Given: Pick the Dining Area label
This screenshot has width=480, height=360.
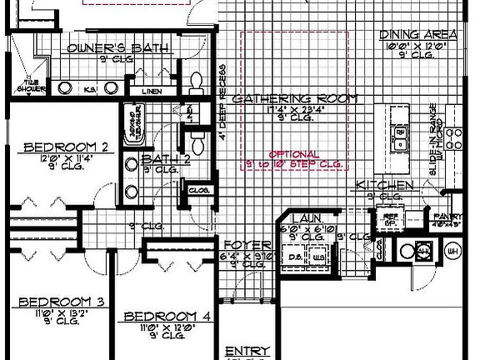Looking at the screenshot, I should pos(418,34).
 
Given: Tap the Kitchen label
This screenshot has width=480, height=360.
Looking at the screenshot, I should pos(384,184).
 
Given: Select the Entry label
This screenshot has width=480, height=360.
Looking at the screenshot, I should pos(246,351).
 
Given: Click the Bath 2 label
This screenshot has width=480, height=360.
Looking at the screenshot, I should pos(159,159).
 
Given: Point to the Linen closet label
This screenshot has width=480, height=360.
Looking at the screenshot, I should pos(151,90).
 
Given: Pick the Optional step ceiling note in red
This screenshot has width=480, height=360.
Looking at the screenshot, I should pos(294,158).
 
